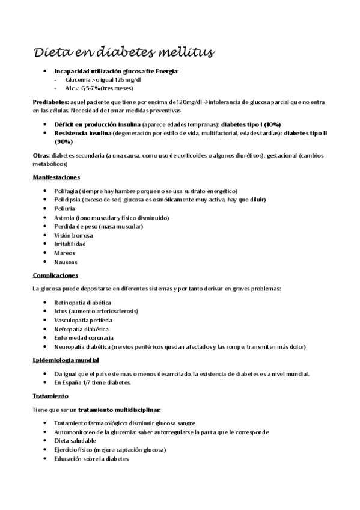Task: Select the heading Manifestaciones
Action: point(56,177)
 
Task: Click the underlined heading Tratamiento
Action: point(50,396)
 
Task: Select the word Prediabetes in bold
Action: point(50,103)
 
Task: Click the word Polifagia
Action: point(66,191)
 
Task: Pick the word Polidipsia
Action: point(67,199)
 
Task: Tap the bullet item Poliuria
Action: point(64,208)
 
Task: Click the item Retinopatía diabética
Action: point(82,302)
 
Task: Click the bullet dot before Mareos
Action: point(46,253)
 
